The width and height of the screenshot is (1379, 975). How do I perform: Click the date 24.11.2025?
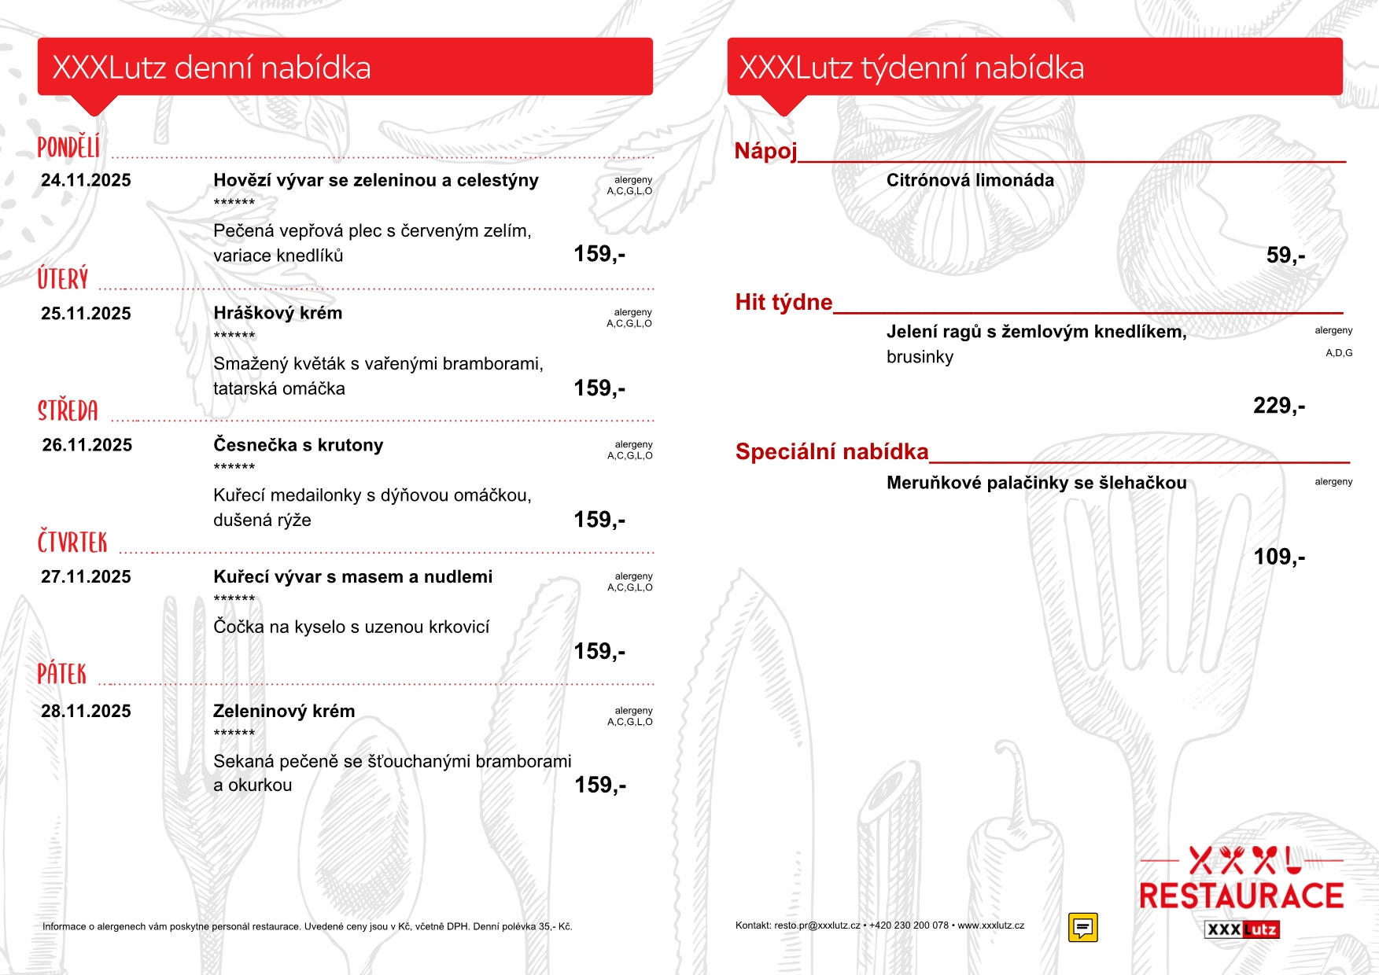86,180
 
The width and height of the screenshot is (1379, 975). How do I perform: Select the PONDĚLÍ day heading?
69,147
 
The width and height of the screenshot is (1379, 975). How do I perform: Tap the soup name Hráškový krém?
278,313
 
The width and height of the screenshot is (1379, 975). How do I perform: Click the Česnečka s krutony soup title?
298,445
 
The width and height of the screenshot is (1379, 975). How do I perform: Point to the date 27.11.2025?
86,577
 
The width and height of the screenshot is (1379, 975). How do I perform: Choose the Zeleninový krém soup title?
284,711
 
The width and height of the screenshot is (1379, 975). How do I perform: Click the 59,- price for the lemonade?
1285,256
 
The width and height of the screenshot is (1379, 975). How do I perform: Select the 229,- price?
1279,406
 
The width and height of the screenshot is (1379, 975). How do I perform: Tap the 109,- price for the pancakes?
1279,557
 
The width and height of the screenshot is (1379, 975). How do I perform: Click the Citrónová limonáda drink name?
970,180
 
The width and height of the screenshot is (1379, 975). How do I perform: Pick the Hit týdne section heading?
784,302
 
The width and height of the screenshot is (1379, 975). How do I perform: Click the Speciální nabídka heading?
831,451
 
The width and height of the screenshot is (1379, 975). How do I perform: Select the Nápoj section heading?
765,151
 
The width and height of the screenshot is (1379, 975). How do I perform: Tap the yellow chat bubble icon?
1082,927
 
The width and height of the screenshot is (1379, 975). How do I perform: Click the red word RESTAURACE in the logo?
1241,896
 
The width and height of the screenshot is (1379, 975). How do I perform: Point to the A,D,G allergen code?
1339,353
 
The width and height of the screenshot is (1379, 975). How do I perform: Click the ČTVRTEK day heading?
72,543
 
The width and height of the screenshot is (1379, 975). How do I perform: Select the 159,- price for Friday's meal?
600,785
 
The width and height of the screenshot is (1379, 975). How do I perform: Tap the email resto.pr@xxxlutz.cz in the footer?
817,925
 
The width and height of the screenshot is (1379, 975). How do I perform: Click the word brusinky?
920,357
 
